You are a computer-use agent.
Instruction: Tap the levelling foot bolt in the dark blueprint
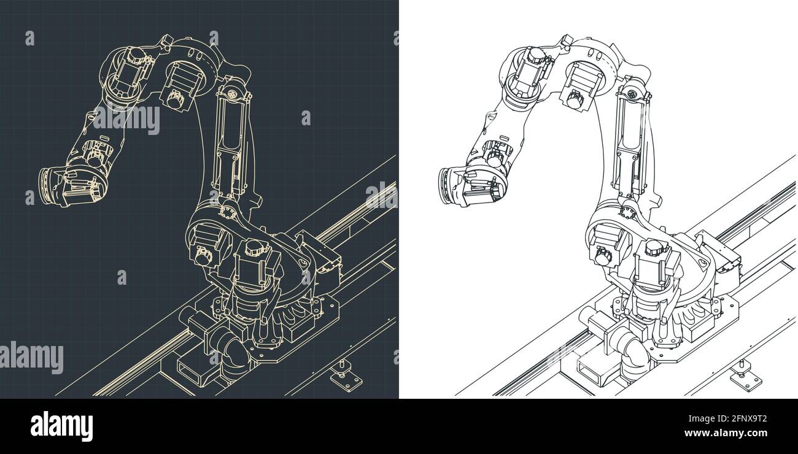(338, 371)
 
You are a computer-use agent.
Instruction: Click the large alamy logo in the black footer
(61, 425)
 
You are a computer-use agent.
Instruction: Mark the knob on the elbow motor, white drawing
(575, 98)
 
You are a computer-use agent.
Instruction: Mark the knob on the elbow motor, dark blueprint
(176, 98)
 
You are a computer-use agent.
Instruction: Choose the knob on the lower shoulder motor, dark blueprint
(202, 256)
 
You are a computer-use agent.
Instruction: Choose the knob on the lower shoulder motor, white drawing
(601, 256)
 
